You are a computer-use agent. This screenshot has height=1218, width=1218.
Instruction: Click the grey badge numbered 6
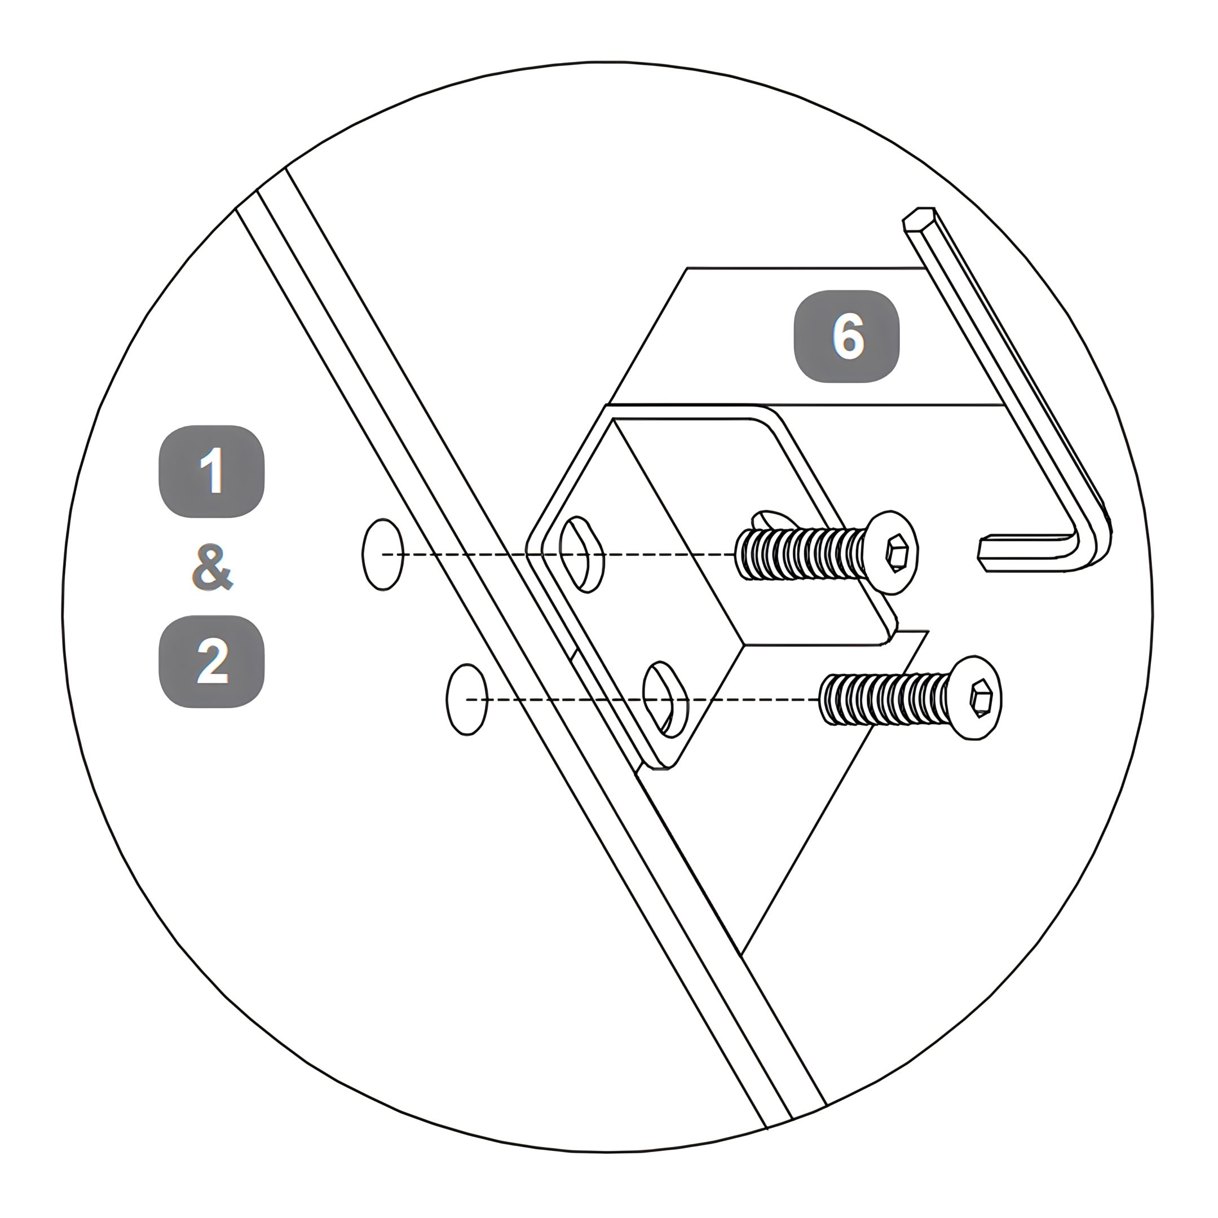click(x=846, y=336)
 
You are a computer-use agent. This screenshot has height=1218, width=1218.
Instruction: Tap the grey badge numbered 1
click(x=211, y=471)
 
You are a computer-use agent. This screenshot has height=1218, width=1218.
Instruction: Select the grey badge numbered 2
click(x=211, y=661)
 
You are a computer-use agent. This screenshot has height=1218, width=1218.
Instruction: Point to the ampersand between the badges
click(x=212, y=567)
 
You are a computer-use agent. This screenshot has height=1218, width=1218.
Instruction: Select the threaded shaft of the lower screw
click(x=885, y=699)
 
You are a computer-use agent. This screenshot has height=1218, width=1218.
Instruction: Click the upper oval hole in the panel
click(x=383, y=554)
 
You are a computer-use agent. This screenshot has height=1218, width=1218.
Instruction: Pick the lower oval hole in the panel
click(x=466, y=699)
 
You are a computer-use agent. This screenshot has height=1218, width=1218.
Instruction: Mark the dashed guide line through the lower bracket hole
click(x=643, y=699)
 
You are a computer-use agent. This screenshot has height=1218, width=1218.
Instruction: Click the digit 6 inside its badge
click(x=848, y=336)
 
